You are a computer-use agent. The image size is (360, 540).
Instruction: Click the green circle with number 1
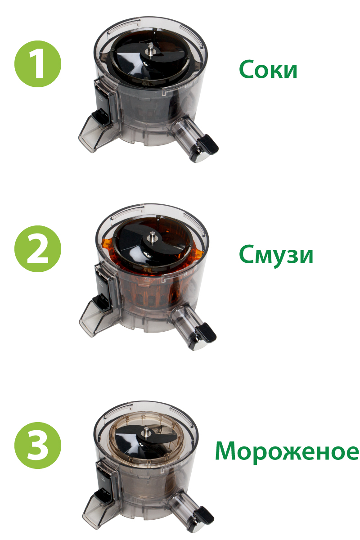[x=38, y=64]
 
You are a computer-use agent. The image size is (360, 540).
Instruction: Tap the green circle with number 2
[x=38, y=249]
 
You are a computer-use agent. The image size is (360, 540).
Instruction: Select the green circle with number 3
[x=38, y=445]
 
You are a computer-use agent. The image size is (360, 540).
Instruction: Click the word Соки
[x=268, y=69]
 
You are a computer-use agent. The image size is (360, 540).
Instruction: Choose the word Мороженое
[x=287, y=452]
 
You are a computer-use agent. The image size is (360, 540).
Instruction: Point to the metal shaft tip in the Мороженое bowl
[x=146, y=431]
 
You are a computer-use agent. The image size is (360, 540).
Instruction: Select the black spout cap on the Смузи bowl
[x=206, y=333]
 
